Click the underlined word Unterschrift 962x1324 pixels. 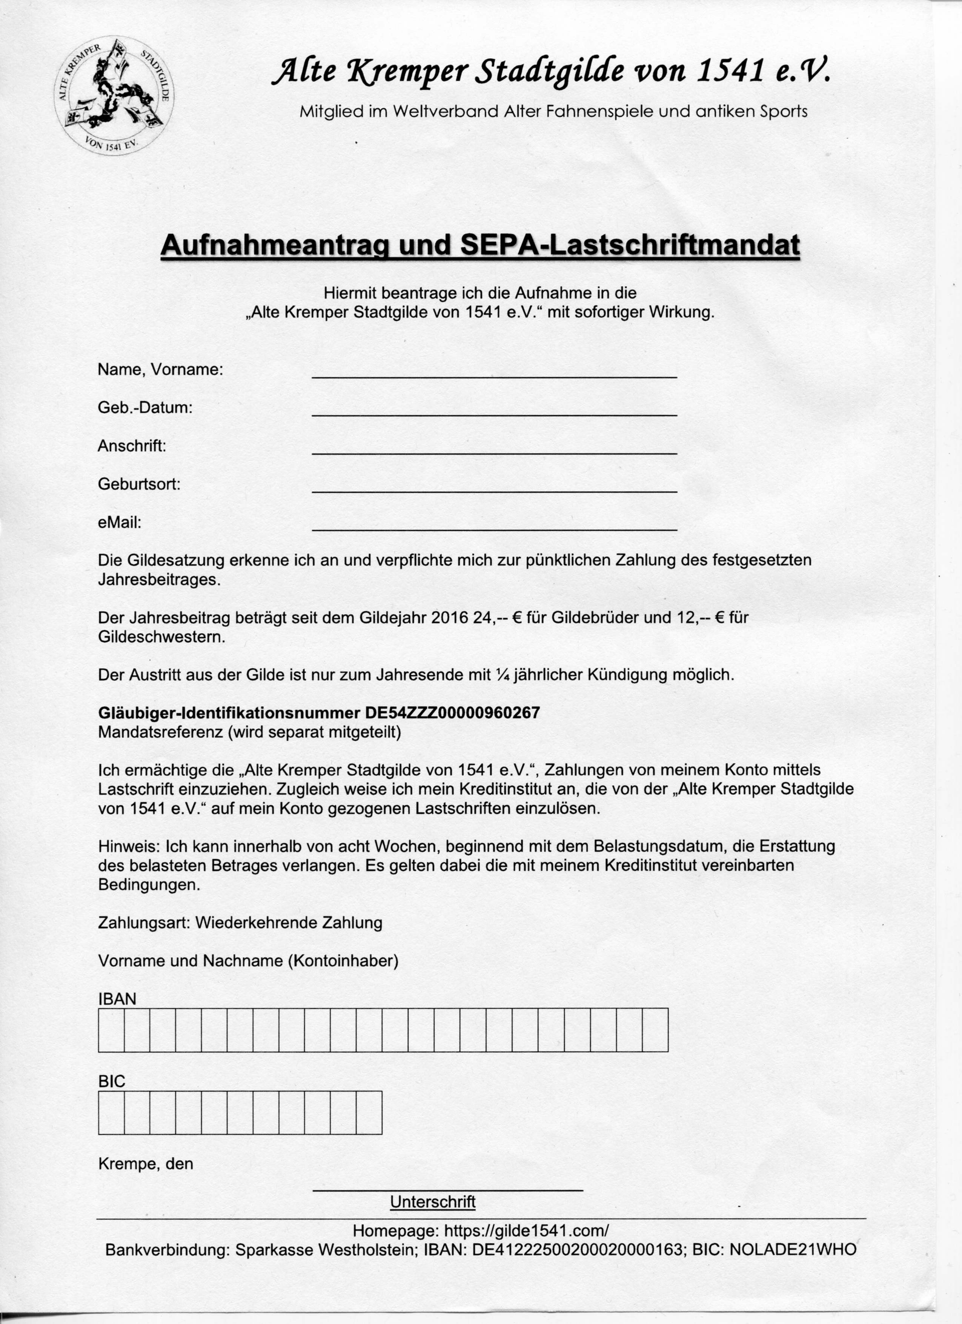(433, 1202)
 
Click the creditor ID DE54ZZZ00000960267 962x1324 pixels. (452, 713)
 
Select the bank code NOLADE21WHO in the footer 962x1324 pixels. (792, 1250)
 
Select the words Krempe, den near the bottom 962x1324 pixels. (145, 1164)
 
